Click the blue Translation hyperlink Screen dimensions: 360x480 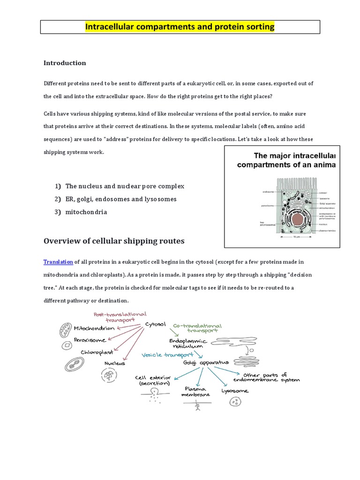coord(58,262)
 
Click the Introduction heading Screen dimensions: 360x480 coord(65,63)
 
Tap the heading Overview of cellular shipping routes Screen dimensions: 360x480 coord(114,241)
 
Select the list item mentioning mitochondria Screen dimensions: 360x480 coord(86,212)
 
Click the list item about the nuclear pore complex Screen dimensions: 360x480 coord(125,186)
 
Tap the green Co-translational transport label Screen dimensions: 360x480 coord(197,328)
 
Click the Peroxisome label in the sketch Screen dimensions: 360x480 coord(90,339)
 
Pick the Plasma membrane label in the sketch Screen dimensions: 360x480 coord(195,392)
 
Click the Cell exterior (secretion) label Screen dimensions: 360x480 coord(150,380)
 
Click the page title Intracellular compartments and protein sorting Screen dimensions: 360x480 coord(180,27)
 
